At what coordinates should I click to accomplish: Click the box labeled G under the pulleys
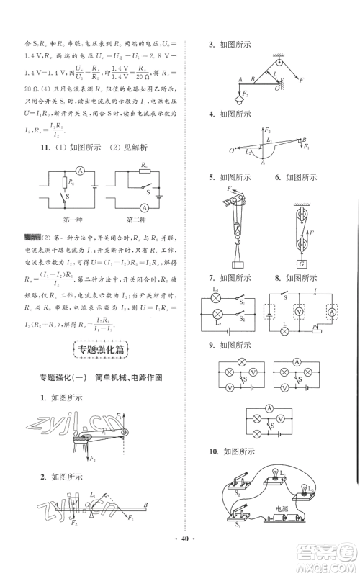pos(303,262)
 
